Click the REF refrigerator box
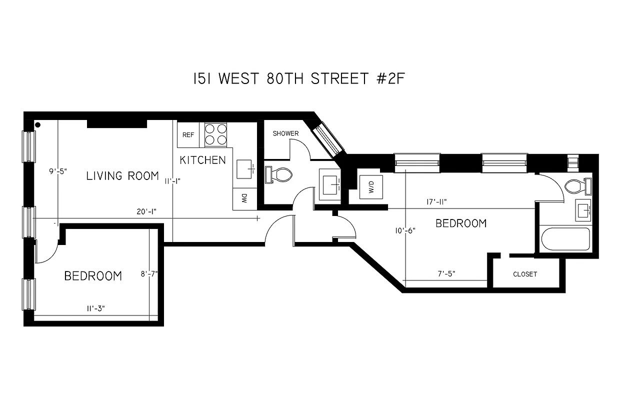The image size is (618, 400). click(188, 134)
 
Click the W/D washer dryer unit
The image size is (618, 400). click(371, 187)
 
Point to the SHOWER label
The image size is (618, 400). click(285, 133)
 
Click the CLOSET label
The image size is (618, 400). click(525, 274)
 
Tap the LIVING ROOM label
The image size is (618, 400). click(122, 175)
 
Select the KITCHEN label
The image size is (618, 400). click(202, 160)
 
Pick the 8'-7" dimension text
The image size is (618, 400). click(149, 273)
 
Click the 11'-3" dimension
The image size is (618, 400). click(95, 309)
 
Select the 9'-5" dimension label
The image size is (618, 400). click(58, 171)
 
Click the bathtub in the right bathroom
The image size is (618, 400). click(566, 240)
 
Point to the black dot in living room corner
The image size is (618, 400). click(38, 124)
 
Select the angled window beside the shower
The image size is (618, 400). click(328, 138)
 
